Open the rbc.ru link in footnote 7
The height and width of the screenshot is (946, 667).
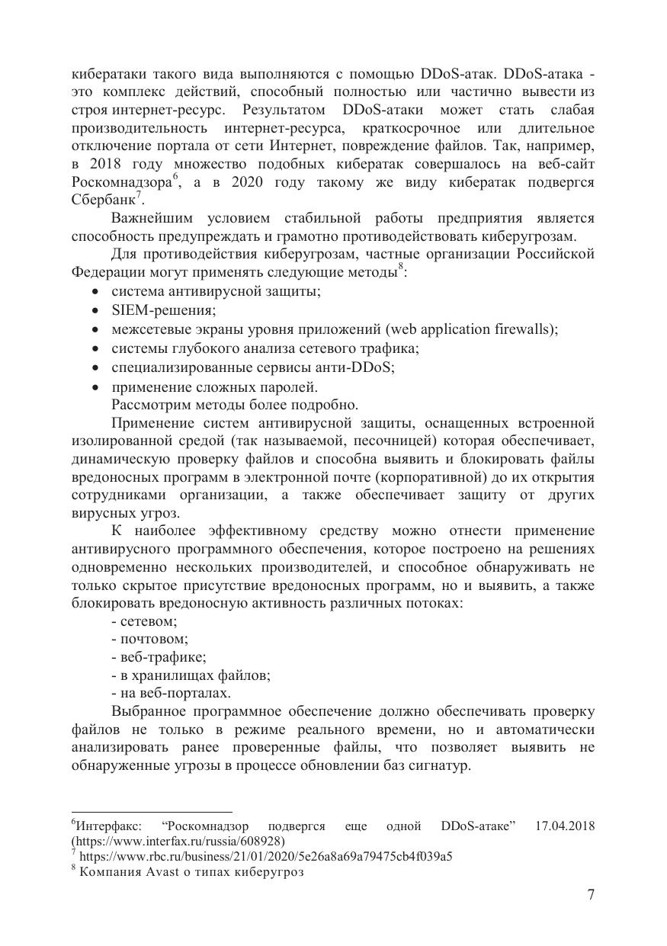266,856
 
